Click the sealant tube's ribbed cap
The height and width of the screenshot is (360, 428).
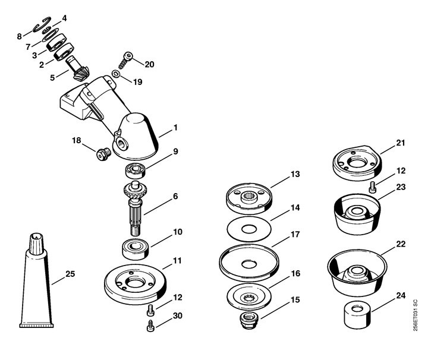[36, 244]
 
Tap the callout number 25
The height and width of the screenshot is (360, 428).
[70, 273]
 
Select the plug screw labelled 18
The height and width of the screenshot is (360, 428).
[103, 154]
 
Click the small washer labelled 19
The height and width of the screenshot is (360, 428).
[116, 74]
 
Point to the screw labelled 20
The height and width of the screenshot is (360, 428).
[125, 60]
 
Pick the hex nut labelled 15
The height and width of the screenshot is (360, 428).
[249, 321]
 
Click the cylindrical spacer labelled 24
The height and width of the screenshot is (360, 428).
[357, 314]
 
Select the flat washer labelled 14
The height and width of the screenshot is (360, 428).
[249, 229]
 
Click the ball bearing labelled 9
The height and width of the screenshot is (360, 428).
[136, 171]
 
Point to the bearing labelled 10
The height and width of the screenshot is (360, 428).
[136, 249]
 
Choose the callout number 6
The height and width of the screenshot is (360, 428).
[175, 196]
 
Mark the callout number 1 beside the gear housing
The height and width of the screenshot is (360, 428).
[175, 127]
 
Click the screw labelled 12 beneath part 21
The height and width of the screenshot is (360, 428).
[372, 188]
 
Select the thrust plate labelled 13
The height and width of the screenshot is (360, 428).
[249, 199]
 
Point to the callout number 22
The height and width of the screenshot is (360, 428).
[401, 244]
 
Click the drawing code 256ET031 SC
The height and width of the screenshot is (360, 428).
[415, 315]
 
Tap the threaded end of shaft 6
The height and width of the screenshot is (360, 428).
[135, 230]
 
